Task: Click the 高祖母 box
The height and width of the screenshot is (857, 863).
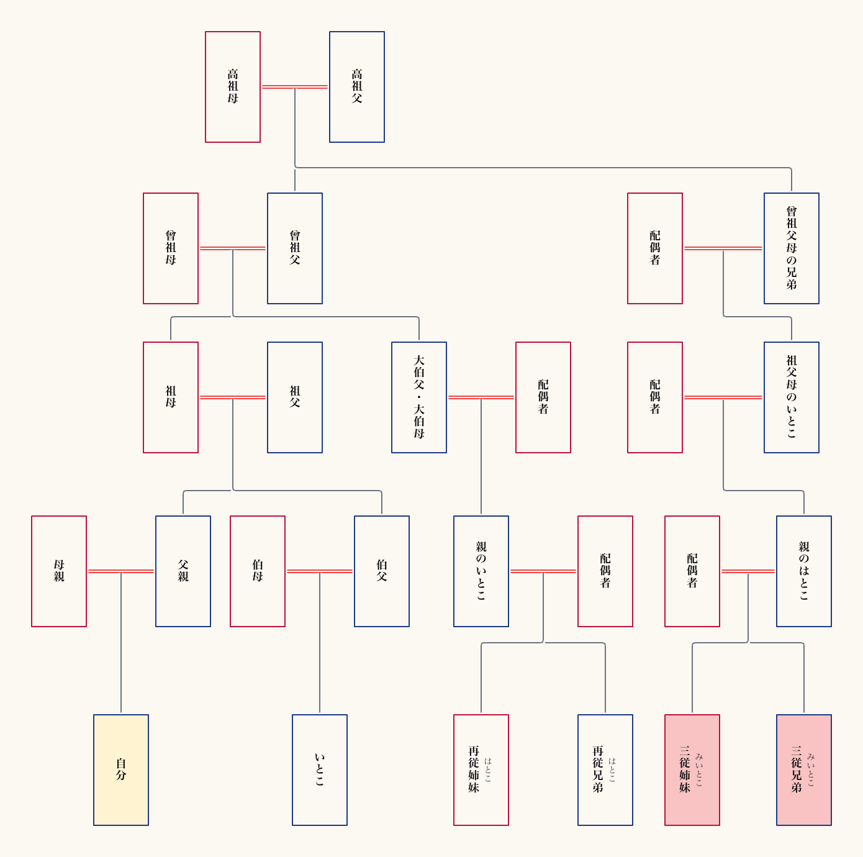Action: coord(233,87)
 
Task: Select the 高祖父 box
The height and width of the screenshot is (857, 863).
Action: coord(357,87)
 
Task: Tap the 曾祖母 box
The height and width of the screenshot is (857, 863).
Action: coord(171,248)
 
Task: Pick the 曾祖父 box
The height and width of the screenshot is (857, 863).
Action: coord(295,248)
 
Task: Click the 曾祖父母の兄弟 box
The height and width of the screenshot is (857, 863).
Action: coord(792,248)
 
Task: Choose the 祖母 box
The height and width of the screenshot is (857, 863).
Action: coord(171,397)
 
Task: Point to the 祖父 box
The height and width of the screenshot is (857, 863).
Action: coord(295,397)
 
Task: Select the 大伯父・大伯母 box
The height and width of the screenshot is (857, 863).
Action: coord(419,397)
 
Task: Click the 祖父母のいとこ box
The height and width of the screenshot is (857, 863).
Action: coord(792,397)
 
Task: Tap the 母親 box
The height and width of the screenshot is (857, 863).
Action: coord(59,571)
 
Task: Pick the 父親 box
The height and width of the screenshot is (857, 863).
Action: coord(183,571)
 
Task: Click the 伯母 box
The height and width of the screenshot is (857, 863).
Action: coord(258,571)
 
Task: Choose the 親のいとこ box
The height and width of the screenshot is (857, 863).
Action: coord(481,571)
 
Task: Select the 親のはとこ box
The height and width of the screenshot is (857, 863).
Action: coord(804,571)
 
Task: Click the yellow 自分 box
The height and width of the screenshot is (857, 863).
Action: coord(121,770)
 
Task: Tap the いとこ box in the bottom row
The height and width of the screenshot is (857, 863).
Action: coord(320,770)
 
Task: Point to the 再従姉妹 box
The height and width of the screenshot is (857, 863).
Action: coord(481,770)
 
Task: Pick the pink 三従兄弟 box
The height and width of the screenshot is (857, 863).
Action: coord(804,770)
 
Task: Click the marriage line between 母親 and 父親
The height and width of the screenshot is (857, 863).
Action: coord(121,571)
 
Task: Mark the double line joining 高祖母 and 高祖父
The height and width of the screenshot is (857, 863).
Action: coord(295,87)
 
